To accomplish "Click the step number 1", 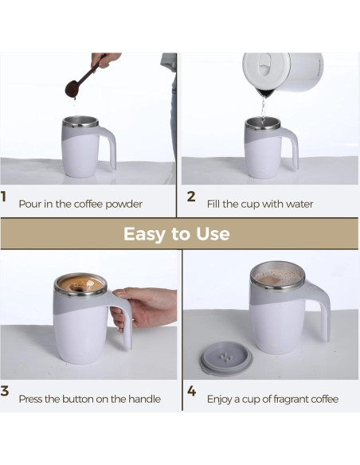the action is (x=3, y=197).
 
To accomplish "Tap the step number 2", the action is (x=191, y=197).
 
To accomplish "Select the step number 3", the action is (x=5, y=391).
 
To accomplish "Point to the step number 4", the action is (x=192, y=391).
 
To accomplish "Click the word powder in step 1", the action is (x=124, y=205).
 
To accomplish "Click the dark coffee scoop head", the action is (x=71, y=89).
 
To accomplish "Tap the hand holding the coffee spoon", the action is (x=104, y=60).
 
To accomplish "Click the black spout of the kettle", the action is (x=266, y=92).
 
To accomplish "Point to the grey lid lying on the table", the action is (x=226, y=358).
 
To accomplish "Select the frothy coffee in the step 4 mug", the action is (x=277, y=276).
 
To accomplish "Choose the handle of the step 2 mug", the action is (x=292, y=147).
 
